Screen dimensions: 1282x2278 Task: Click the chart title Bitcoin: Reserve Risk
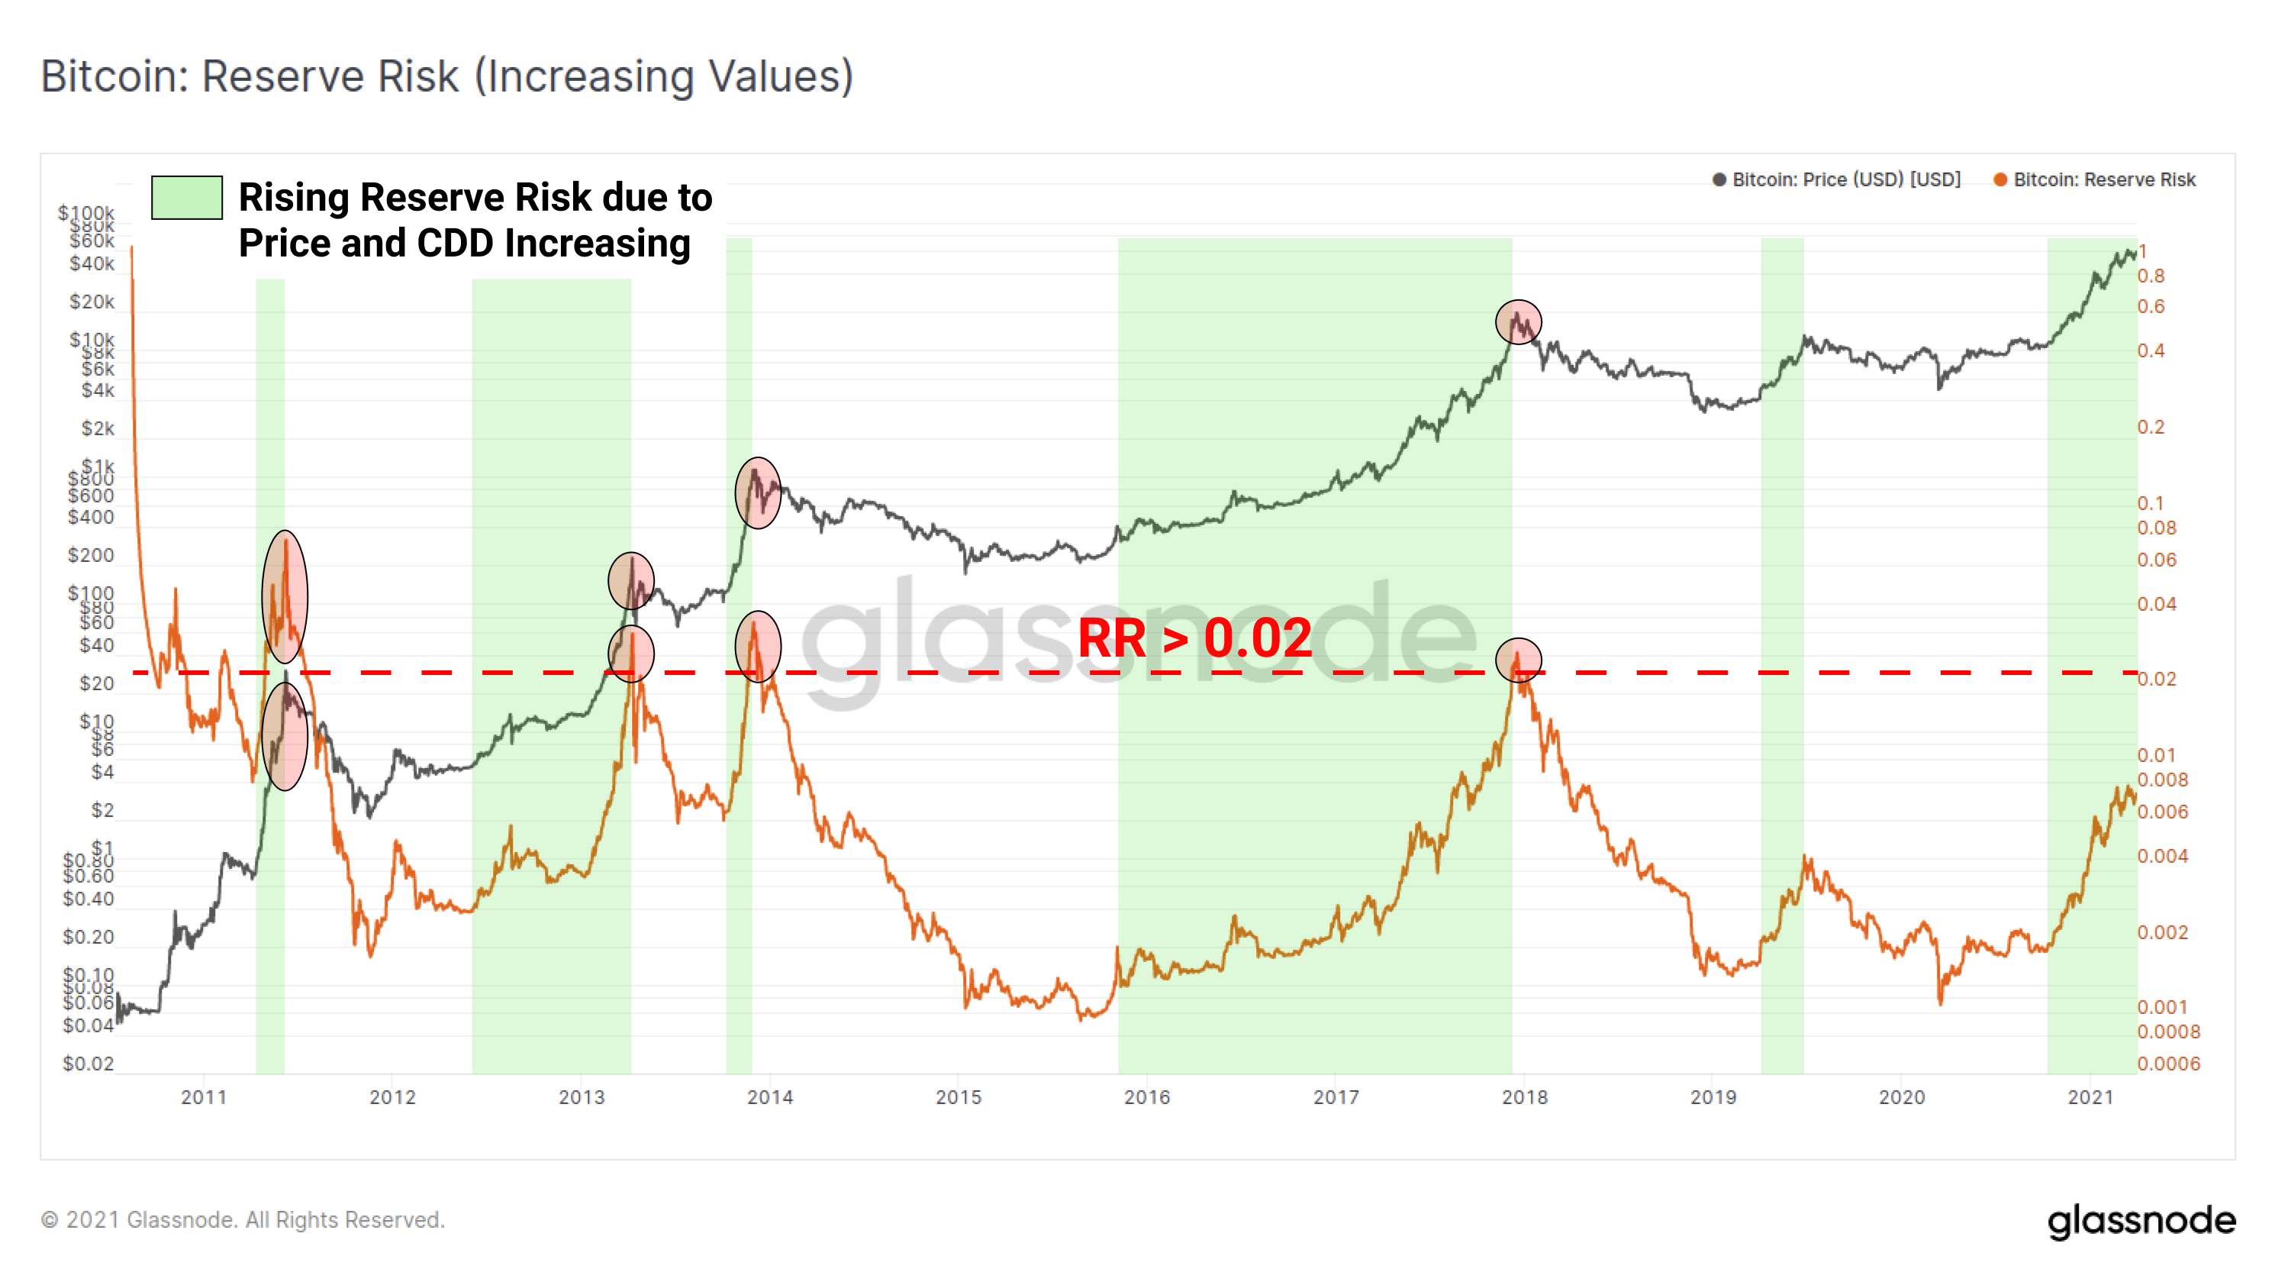click(446, 76)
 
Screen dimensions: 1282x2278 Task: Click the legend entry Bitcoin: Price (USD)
click(1845, 179)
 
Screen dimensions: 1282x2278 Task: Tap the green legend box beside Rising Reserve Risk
click(187, 197)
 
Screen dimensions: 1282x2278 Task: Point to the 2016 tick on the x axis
click(1147, 1097)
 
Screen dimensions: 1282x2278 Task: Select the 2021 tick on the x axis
click(2090, 1097)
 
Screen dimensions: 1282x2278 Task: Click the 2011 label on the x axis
click(205, 1097)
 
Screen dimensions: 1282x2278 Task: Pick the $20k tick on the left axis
click(92, 302)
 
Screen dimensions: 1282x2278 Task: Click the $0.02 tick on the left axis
click(89, 1064)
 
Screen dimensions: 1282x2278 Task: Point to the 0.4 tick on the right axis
click(2151, 351)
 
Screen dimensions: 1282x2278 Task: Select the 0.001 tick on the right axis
click(2162, 1008)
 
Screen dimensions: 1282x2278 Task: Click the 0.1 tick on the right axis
click(2151, 503)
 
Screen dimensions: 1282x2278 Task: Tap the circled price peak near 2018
click(1519, 322)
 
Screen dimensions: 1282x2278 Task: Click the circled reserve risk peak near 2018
click(1519, 660)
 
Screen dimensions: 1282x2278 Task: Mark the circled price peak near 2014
click(758, 492)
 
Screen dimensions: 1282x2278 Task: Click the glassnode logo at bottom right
click(2141, 1221)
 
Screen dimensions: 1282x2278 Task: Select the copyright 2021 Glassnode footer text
click(243, 1220)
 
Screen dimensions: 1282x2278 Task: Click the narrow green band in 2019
click(1782, 654)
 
